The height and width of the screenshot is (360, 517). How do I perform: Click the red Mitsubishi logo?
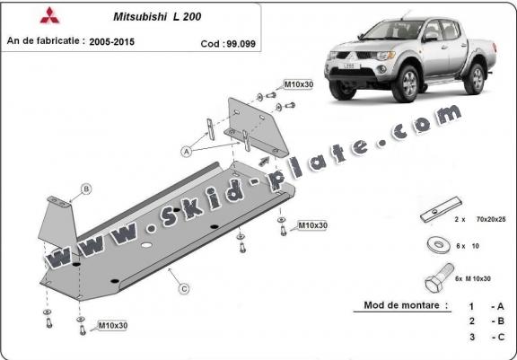click(x=49, y=15)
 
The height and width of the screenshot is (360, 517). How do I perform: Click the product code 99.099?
click(x=241, y=44)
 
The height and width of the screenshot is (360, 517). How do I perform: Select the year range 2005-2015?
click(x=112, y=42)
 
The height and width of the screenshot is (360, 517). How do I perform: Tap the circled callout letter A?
click(x=187, y=152)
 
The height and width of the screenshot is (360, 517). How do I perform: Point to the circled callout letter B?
click(x=86, y=189)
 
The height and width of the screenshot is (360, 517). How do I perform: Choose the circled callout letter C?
click(x=184, y=289)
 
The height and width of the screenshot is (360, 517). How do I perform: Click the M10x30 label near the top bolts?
click(x=299, y=84)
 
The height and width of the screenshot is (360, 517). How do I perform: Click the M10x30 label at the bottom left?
click(x=113, y=326)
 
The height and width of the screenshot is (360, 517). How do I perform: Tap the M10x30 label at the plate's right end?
click(x=312, y=225)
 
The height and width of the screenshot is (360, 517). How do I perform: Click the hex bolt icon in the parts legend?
click(x=439, y=277)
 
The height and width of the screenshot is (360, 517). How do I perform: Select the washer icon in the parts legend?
click(x=439, y=245)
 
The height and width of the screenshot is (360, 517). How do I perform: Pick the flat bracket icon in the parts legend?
click(x=442, y=210)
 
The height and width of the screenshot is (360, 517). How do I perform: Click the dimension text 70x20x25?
click(x=491, y=219)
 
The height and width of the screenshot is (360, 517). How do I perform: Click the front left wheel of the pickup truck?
click(x=407, y=83)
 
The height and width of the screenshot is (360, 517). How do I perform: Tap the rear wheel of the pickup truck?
click(x=475, y=79)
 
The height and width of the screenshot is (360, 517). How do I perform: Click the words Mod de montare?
click(x=401, y=305)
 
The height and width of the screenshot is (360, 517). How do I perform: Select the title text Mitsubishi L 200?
click(x=157, y=17)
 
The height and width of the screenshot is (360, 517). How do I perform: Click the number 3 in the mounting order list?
click(x=472, y=337)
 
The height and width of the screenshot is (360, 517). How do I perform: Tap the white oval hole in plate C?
click(x=146, y=245)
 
